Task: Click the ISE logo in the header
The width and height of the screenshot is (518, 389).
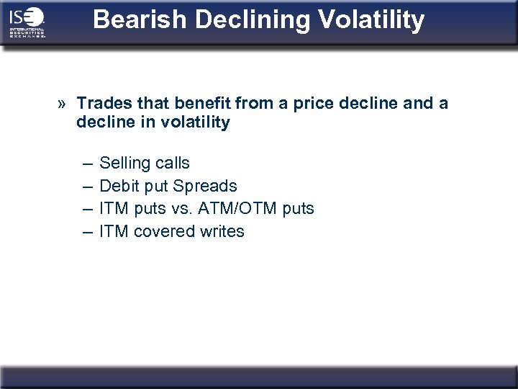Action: tap(27, 22)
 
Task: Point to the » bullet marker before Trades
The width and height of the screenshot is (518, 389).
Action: tap(63, 104)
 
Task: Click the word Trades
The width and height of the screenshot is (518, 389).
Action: tap(101, 104)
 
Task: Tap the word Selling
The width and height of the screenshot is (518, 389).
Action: tap(126, 164)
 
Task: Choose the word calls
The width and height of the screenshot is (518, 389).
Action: tap(173, 164)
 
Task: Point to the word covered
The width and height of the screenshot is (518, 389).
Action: tap(165, 231)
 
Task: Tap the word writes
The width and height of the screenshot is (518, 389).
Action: tap(222, 231)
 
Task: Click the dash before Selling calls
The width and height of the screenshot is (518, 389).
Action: tap(86, 164)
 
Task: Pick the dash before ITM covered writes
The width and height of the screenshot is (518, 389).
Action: tap(86, 231)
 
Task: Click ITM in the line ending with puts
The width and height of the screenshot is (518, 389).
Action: tap(112, 209)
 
